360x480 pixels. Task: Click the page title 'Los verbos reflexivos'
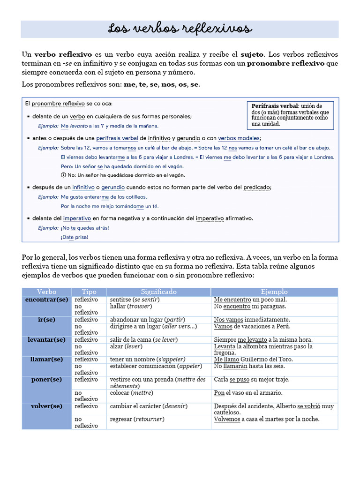coord(180,29)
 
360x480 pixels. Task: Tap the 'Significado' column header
coord(158,292)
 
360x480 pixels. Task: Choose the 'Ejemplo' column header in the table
coord(274,292)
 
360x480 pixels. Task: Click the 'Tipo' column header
coord(89,292)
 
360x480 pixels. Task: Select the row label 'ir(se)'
coord(46,319)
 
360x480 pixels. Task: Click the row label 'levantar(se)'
coord(46,339)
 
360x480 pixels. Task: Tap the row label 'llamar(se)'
coord(46,359)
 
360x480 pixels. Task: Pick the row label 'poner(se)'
coord(46,379)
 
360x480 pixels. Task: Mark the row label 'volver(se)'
coord(46,406)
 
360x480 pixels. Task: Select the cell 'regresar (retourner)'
coord(137,419)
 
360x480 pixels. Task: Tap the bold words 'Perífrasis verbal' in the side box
coord(274,106)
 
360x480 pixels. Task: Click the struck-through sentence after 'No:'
coord(131,175)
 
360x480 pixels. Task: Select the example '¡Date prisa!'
coord(75,237)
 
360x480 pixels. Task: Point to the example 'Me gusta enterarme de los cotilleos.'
coord(104,197)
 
